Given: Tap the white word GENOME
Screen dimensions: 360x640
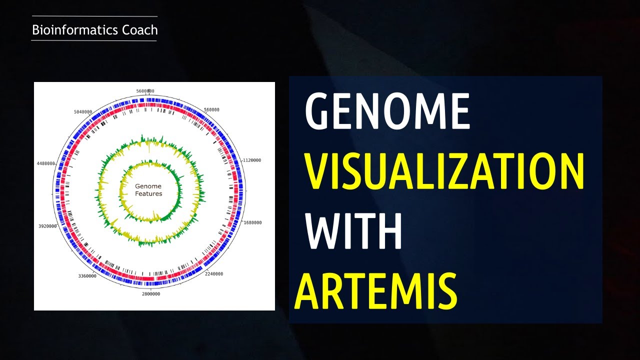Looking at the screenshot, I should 387,112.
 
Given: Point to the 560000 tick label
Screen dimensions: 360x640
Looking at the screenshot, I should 211,109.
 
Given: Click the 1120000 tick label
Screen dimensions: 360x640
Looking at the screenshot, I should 251,160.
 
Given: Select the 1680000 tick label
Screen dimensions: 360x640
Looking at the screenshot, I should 251,222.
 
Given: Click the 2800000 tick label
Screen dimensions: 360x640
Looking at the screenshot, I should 151,294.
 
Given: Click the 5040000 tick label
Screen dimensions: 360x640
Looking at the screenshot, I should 82,111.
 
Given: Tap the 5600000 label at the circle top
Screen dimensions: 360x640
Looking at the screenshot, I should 145,91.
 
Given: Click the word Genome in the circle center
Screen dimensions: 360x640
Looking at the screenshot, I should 148,186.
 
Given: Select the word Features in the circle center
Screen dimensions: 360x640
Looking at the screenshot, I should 148,193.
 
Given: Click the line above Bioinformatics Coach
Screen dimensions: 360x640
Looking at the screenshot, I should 94,16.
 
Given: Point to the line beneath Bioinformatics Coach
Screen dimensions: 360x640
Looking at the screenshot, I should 94,40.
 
